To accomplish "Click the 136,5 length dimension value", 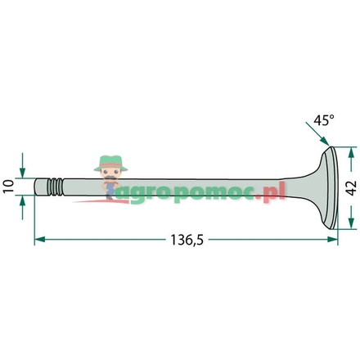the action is [187, 240].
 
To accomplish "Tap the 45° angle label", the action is [324, 120].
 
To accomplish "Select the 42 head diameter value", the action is [351, 188].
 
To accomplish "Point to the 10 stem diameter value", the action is [9, 187].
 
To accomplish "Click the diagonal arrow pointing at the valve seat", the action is [317, 134].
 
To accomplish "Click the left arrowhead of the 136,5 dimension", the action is [40, 240].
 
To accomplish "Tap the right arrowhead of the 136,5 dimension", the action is [332, 240].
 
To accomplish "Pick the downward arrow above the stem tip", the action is [22, 165].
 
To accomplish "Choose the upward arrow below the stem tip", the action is [22, 208].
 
